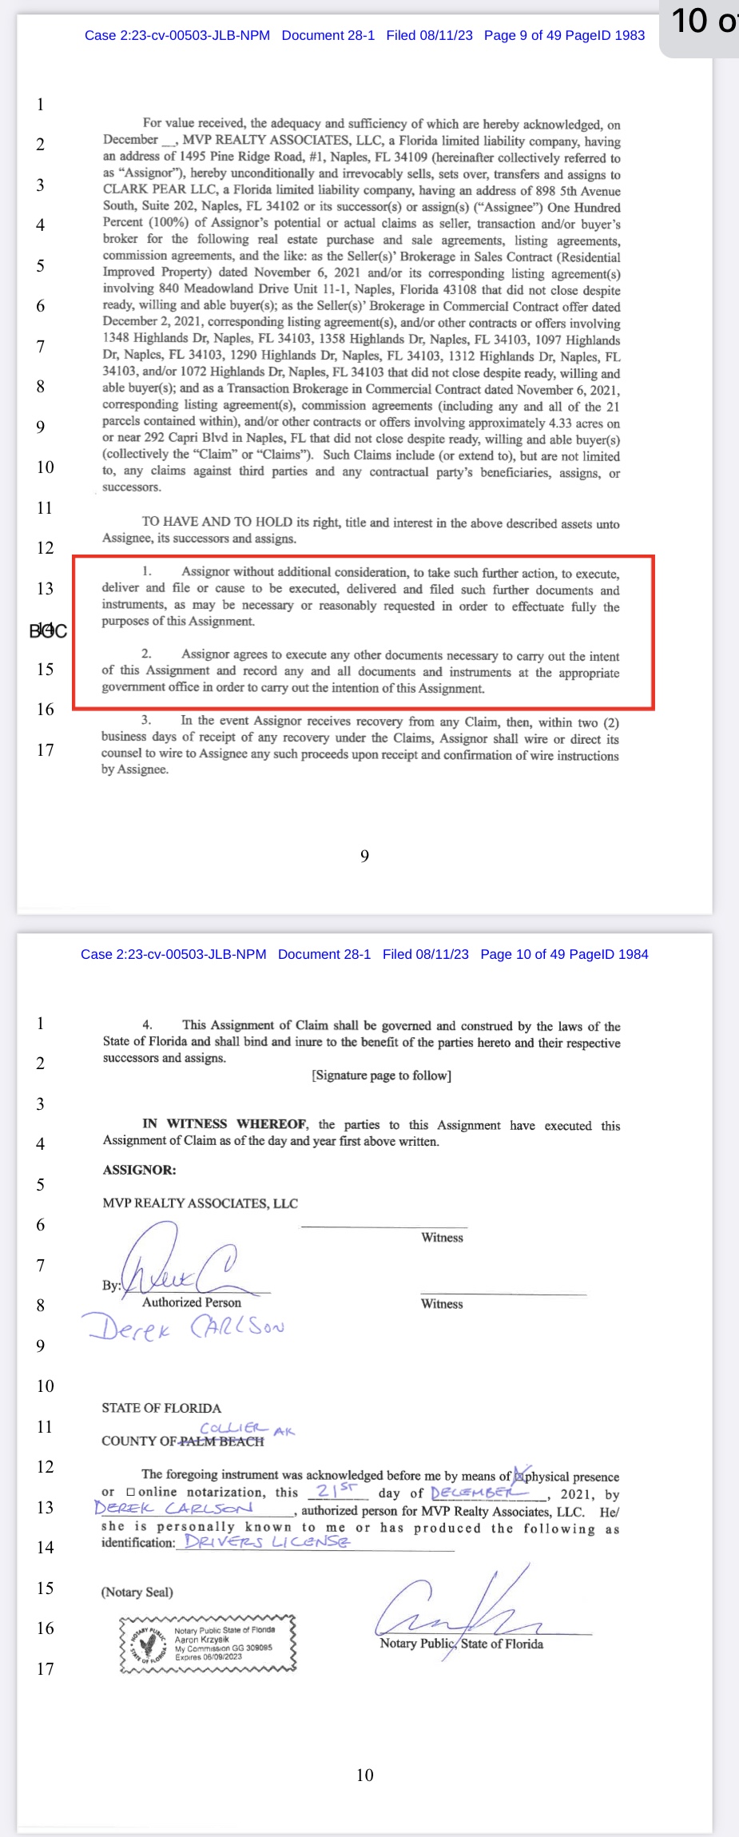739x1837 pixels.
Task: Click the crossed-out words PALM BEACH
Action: (221, 1441)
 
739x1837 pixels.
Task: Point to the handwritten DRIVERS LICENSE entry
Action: (266, 1541)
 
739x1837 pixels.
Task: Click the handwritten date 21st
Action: (336, 1491)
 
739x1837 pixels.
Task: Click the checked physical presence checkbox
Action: (519, 1475)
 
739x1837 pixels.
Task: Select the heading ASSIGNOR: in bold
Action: (139, 1170)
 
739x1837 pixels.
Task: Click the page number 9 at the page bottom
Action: (364, 857)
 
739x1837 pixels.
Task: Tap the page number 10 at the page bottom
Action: (364, 1775)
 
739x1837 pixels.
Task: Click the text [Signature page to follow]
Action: (381, 1076)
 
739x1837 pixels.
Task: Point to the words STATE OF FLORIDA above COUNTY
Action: (161, 1408)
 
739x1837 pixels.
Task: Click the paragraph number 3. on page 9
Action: (145, 720)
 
